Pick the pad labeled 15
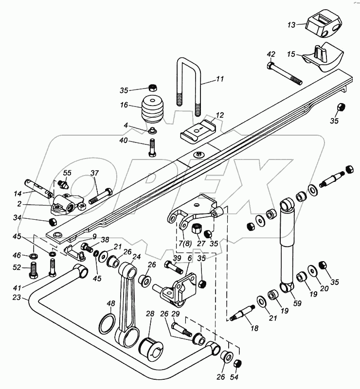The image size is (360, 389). tap(324, 57)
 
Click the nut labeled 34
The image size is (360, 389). tap(53, 222)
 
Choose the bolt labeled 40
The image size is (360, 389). tap(152, 145)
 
